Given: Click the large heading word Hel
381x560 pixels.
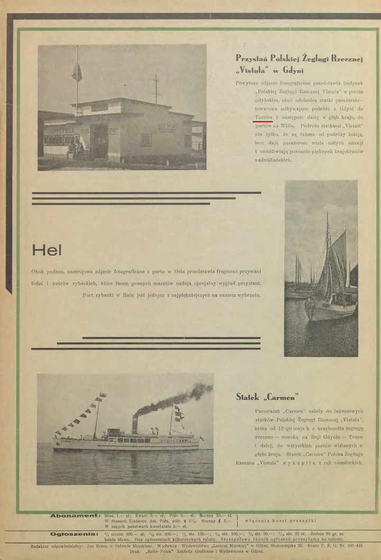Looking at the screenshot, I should (47, 250).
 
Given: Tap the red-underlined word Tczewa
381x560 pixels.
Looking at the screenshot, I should (263, 117).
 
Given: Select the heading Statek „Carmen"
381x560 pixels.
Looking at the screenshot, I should (267, 396).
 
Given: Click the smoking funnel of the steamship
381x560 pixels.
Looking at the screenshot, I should (135, 423).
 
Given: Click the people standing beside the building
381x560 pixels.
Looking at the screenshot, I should (76, 150).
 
